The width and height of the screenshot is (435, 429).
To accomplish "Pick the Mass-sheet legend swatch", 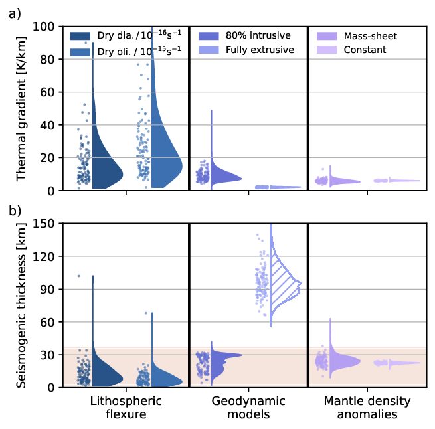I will (x=327, y=35).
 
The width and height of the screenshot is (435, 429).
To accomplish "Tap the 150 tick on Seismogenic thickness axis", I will (x=44, y=223).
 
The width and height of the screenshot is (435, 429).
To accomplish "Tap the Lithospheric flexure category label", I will (x=125, y=408).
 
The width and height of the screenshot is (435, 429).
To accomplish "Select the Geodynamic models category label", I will (x=248, y=408).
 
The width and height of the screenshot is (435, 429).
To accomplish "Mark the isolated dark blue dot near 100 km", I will (x=78, y=276).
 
